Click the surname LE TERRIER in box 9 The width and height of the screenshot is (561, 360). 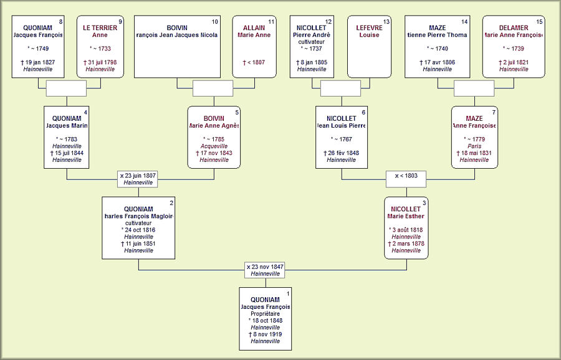100,28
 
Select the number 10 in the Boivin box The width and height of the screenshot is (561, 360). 214,22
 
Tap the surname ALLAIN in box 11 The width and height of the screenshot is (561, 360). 254,28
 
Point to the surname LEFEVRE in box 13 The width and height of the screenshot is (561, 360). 369,28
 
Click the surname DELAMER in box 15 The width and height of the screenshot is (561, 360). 514,28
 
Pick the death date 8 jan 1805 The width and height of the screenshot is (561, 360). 312,62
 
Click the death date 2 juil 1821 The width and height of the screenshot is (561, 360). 514,62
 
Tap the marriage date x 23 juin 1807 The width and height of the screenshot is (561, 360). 138,176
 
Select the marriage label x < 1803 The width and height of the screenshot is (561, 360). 406,176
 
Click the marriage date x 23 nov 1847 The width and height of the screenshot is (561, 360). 264,266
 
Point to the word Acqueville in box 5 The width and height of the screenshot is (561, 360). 214,146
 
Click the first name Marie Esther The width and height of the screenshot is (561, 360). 406,216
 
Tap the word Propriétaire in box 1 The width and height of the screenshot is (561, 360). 265,314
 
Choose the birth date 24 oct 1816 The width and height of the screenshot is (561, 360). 138,230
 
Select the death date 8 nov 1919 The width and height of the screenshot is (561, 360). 265,334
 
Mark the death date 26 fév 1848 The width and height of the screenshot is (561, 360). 342,153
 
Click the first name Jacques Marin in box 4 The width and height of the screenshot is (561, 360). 67,125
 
